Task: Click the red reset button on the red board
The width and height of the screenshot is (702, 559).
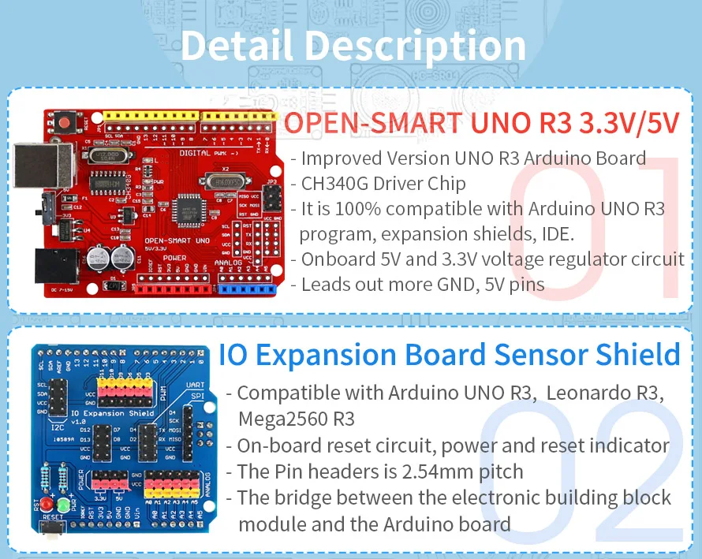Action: point(81,122)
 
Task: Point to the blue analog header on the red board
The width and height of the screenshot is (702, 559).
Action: point(246,289)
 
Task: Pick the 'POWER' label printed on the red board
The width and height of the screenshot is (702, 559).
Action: point(175,257)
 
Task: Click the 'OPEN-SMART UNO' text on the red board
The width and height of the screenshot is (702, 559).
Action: point(177,239)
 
